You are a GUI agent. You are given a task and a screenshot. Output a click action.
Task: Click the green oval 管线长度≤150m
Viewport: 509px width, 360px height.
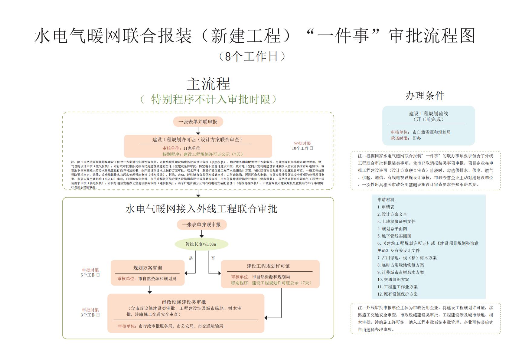point(201,244)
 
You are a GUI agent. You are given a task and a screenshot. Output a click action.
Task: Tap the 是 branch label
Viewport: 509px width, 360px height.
point(191,258)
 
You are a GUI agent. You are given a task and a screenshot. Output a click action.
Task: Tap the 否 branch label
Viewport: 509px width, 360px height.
point(213,258)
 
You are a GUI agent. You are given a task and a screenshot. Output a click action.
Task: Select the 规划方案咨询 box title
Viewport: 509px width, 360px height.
point(148,268)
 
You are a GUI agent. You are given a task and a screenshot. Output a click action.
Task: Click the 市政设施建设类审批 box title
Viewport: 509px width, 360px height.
point(184,302)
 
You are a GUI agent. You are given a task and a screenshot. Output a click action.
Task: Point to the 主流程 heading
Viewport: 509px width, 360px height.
point(208,84)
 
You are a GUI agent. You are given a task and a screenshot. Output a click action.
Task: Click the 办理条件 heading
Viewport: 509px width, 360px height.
point(425,96)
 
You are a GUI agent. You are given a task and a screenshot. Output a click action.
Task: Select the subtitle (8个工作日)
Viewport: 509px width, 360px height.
point(252,56)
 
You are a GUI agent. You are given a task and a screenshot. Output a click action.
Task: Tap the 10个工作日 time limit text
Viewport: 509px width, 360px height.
point(302,148)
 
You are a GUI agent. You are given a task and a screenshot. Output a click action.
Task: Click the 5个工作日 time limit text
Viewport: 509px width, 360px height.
point(90,275)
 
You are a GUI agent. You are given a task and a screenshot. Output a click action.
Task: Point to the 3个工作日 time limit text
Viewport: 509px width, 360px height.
point(90,315)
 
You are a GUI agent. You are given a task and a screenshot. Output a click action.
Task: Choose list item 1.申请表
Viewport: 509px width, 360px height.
point(386,207)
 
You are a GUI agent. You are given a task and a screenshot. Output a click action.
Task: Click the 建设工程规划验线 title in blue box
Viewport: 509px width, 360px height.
point(429,113)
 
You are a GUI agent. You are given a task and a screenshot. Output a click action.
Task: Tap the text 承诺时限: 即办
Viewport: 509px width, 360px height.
point(406,138)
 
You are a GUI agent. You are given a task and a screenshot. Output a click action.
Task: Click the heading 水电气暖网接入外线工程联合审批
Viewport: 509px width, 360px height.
point(201,209)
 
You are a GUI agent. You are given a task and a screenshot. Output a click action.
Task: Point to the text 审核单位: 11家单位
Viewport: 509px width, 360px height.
point(181,148)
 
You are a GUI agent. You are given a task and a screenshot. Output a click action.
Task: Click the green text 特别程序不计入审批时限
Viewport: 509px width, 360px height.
point(210,99)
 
